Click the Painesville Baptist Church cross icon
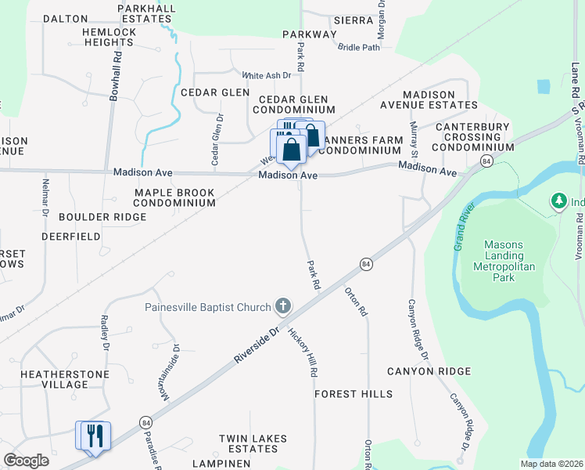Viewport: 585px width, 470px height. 283,306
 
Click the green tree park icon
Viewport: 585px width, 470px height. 558,201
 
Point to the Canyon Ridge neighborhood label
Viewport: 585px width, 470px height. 426,371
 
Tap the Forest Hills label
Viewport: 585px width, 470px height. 354,394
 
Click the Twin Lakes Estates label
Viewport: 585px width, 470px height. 253,443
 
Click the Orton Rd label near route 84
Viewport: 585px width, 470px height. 356,301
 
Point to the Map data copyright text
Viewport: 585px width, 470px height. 551,464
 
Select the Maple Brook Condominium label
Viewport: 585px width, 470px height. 174,197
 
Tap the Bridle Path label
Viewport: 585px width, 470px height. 358,48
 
